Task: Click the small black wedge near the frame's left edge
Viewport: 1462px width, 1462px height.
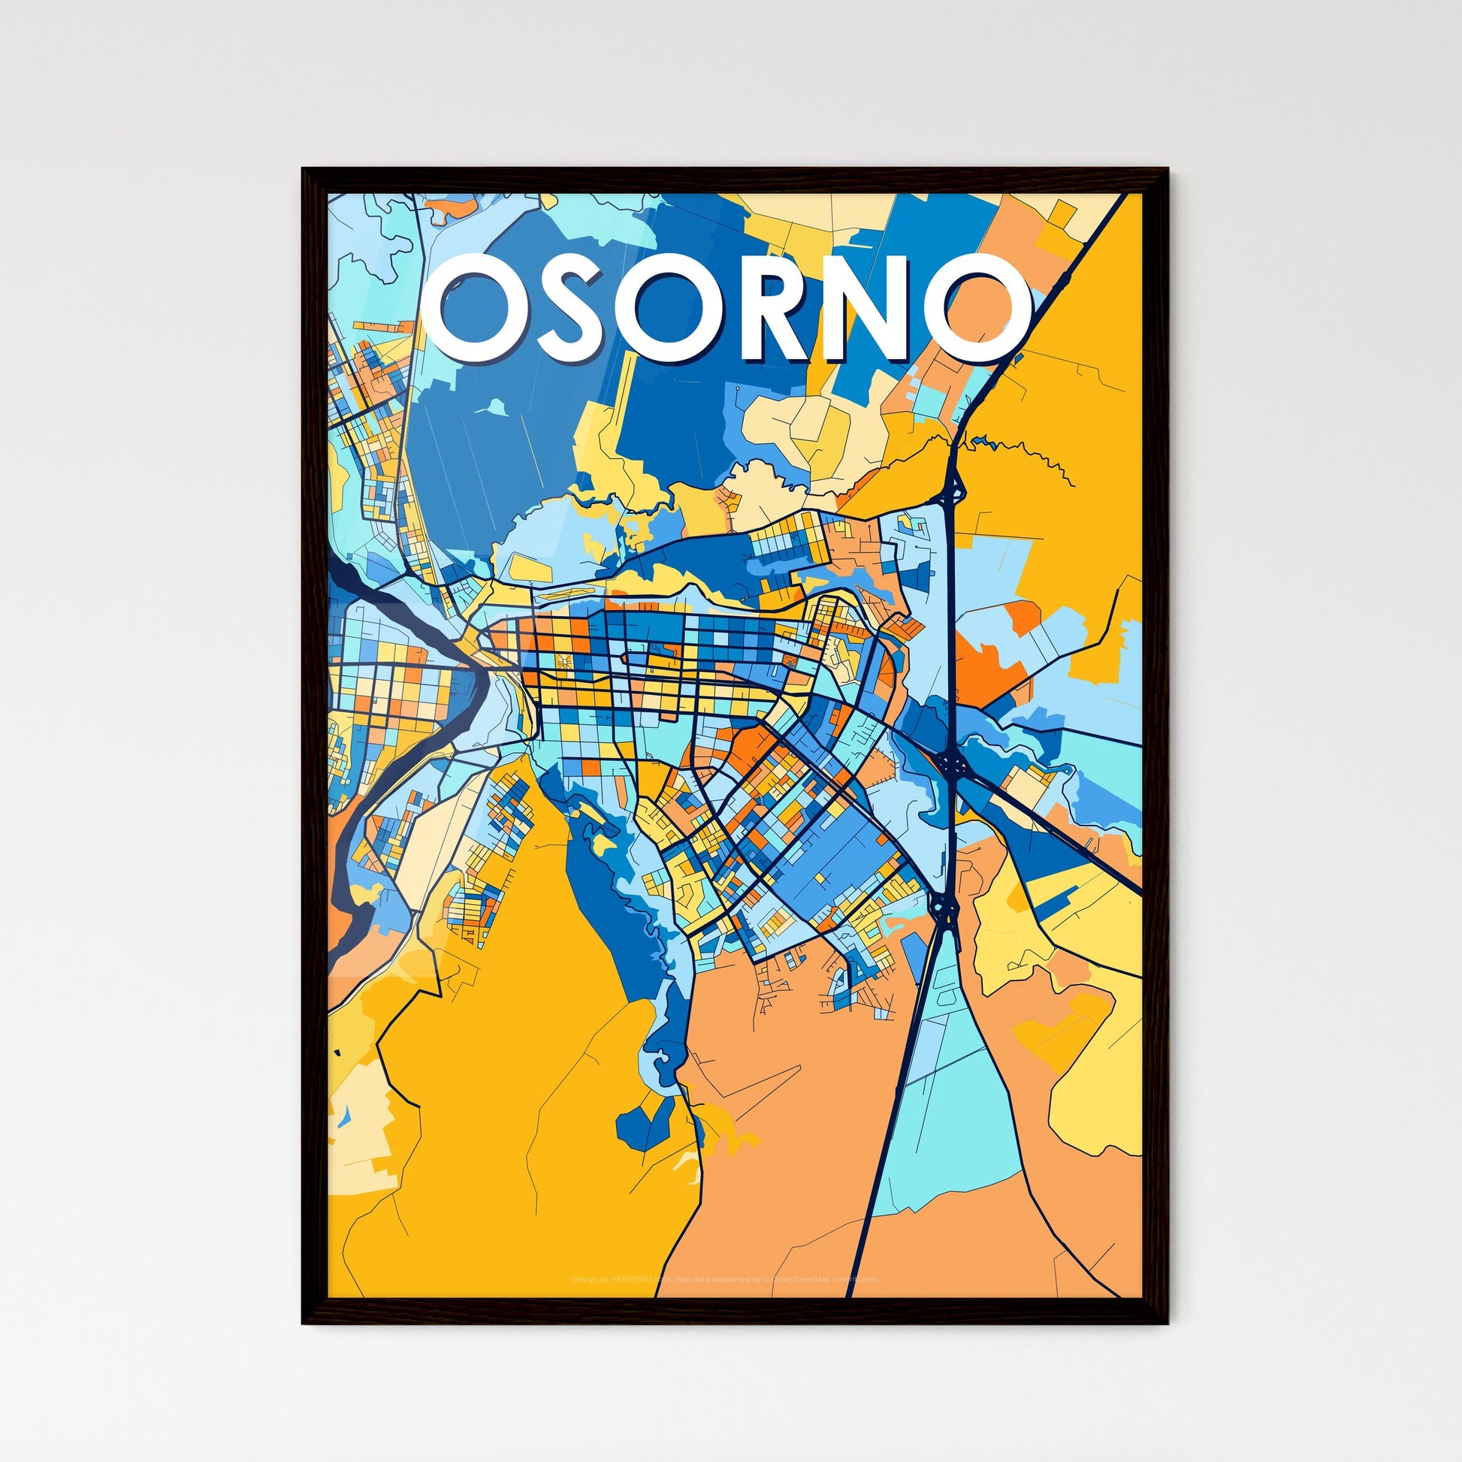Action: (337, 1052)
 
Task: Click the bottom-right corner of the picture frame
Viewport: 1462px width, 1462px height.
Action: (1166, 1322)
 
